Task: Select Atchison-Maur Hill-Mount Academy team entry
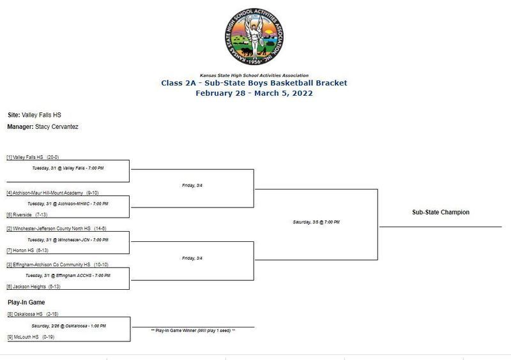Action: [52, 192]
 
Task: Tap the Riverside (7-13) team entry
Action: [27, 214]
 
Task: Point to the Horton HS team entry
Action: [27, 250]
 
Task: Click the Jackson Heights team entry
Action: [32, 287]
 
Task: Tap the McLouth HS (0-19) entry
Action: [29, 336]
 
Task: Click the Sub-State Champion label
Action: [440, 213]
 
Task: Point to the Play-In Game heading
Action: [26, 302]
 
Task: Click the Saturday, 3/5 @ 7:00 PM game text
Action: [316, 221]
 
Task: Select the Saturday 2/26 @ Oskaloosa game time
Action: [68, 326]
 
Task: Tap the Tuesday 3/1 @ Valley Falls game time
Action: [68, 168]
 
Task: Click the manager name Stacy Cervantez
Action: [57, 127]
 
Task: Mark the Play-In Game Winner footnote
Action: [193, 331]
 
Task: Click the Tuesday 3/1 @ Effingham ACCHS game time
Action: [68, 275]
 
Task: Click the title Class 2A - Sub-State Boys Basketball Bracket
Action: [254, 83]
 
